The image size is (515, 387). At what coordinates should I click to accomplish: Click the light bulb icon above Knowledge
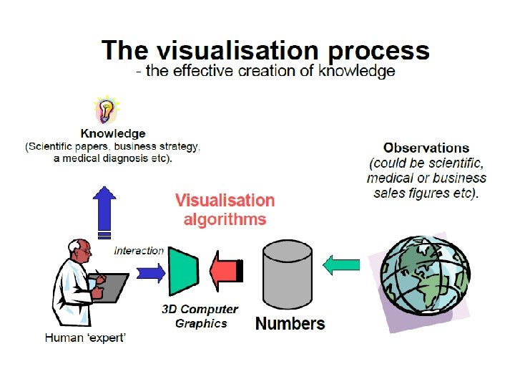tap(106, 111)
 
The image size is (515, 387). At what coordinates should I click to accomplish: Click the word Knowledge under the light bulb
tap(113, 134)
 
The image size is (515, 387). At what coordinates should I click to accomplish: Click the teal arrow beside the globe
tap(341, 265)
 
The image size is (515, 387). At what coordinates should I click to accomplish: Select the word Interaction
tap(139, 251)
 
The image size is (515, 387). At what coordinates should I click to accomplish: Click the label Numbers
tap(290, 324)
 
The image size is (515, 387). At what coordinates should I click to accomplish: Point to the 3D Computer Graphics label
tap(200, 316)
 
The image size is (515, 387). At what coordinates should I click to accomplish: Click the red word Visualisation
tap(225, 200)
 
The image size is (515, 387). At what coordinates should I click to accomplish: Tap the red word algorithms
tap(225, 219)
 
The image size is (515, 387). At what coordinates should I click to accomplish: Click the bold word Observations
tap(426, 148)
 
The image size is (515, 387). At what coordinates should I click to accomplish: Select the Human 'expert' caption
tap(85, 338)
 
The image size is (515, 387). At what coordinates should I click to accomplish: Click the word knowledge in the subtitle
tap(361, 71)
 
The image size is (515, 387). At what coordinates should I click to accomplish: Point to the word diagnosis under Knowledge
tap(131, 158)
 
